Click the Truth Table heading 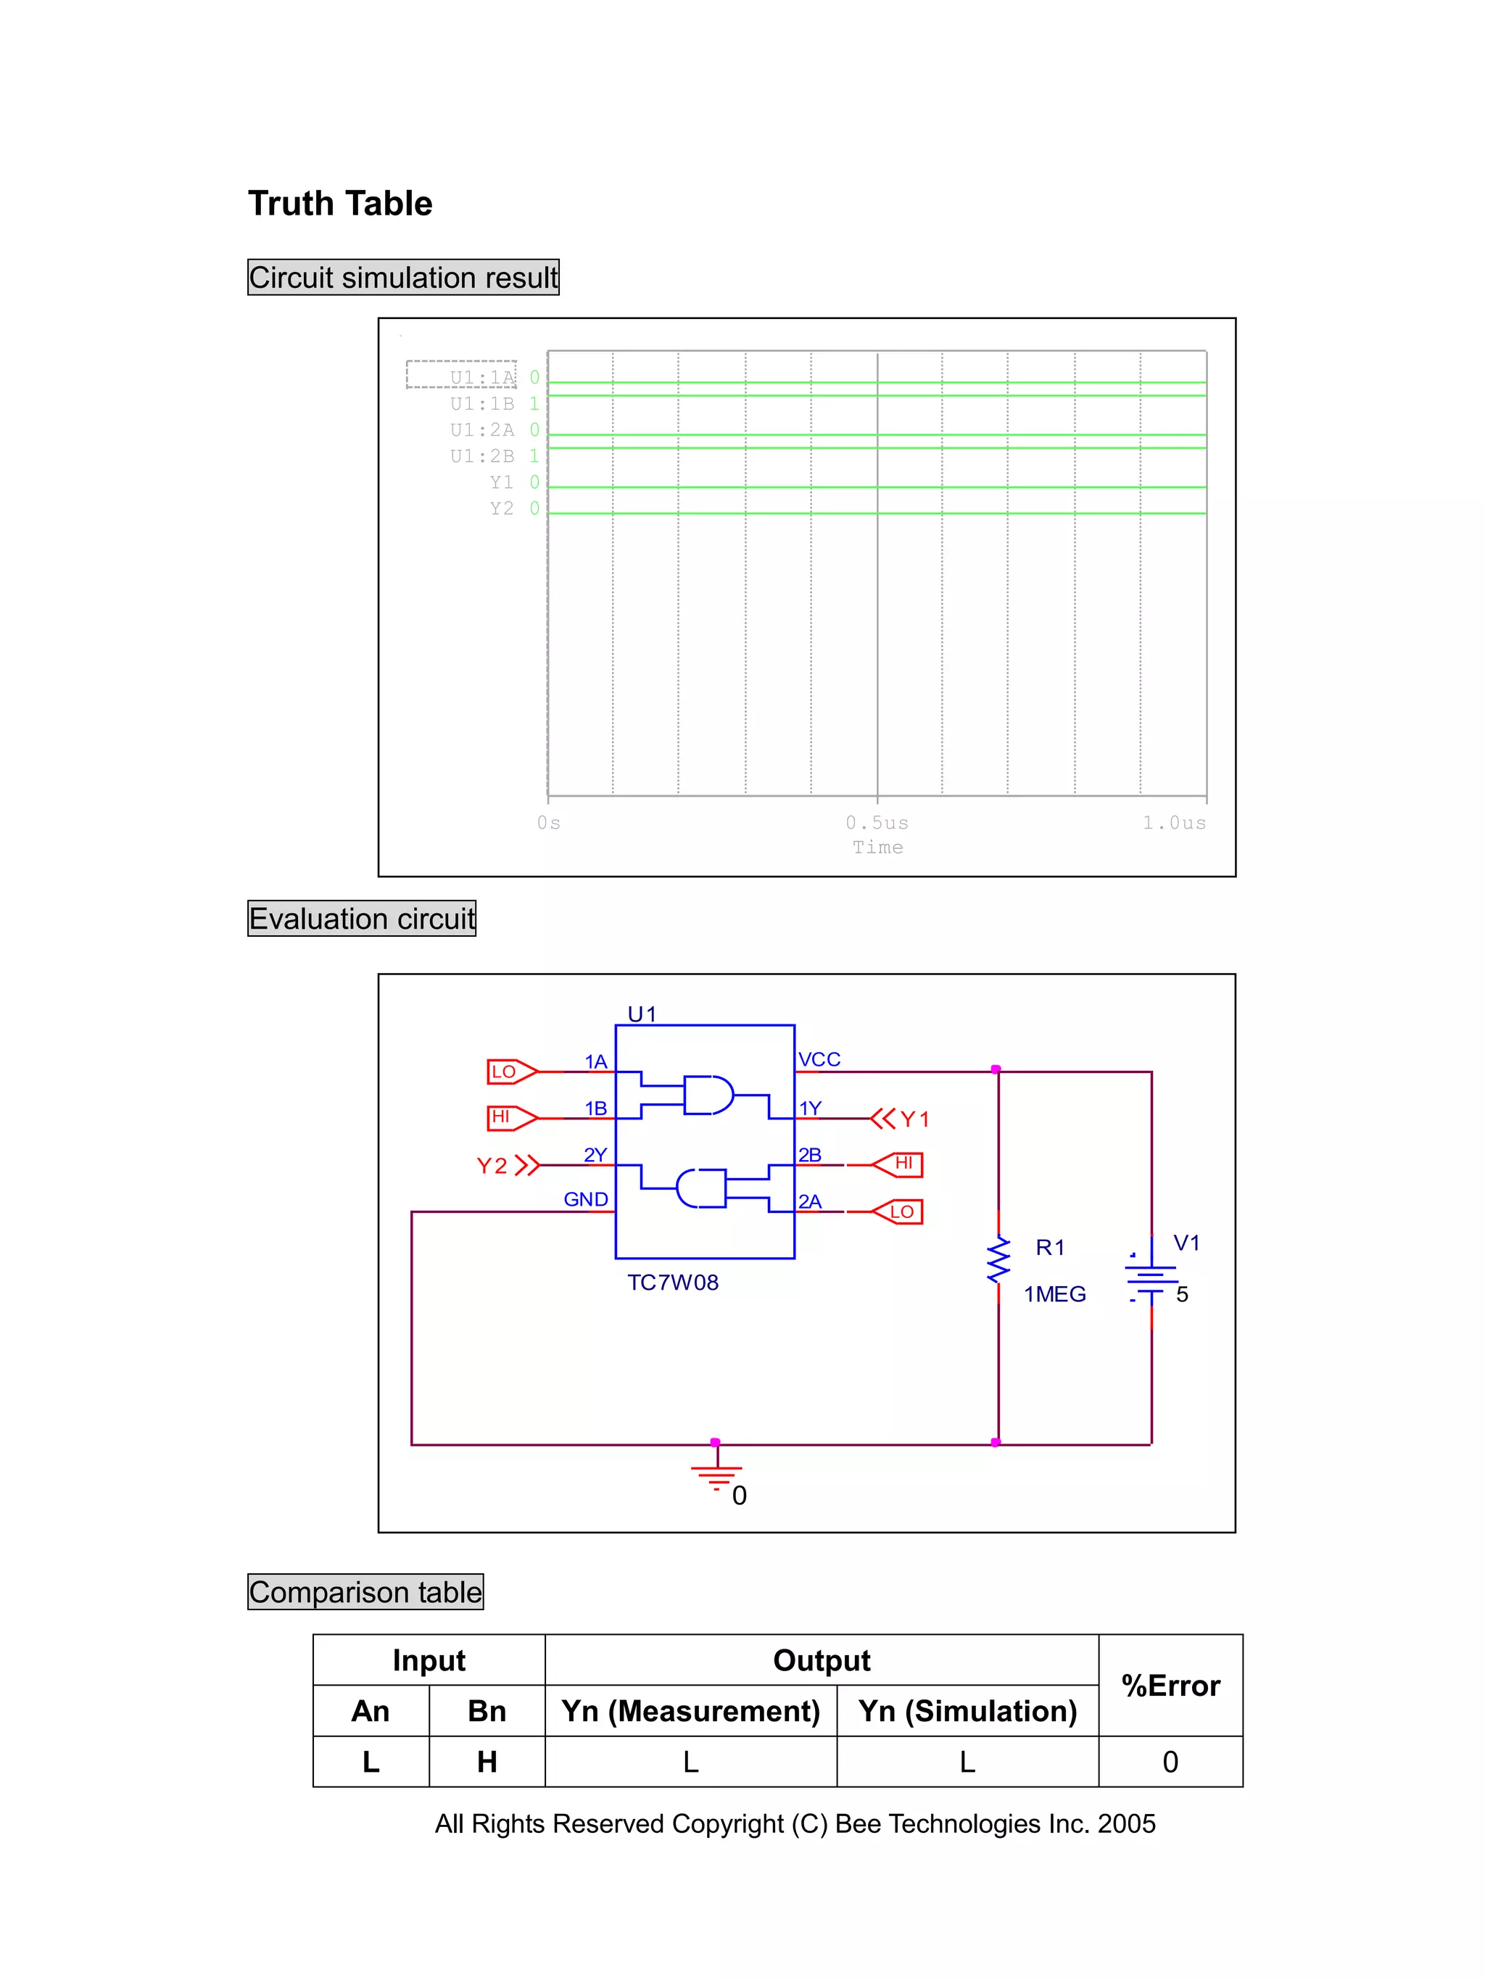[x=339, y=203]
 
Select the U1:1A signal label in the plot [x=481, y=377]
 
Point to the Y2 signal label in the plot [x=501, y=508]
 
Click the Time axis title [x=877, y=847]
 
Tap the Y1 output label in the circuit [x=913, y=1119]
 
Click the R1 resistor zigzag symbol [x=998, y=1259]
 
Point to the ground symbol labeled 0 [x=716, y=1476]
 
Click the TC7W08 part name [x=672, y=1283]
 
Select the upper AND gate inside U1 [x=707, y=1095]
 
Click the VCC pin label [x=819, y=1059]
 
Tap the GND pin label [x=585, y=1199]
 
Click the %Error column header [x=1170, y=1686]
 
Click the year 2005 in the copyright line [x=1126, y=1823]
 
